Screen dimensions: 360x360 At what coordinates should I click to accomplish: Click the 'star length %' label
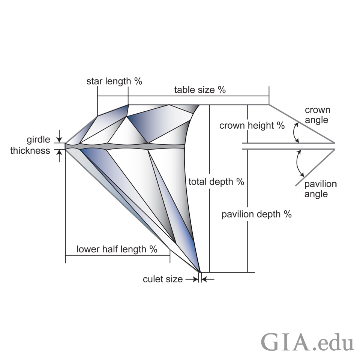tap(114, 81)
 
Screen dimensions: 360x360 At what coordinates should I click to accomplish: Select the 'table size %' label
tap(200, 90)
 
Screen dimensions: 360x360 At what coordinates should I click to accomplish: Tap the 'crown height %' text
tap(252, 126)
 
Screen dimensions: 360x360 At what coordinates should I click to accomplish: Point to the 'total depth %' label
tap(216, 182)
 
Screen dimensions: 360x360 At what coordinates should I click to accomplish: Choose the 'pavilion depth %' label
tap(256, 214)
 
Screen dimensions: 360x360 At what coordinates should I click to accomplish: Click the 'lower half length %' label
tap(117, 249)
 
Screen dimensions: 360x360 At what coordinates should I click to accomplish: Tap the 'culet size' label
tap(163, 279)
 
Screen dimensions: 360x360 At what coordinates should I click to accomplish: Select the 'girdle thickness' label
tap(30, 145)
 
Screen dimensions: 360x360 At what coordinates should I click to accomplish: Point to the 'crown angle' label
tap(318, 115)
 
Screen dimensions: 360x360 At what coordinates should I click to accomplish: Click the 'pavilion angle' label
tap(321, 189)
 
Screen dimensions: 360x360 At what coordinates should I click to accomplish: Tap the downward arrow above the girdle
tap(59, 136)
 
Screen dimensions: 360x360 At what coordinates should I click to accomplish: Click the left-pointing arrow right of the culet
tap(208, 279)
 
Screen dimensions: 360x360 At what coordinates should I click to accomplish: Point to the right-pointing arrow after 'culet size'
tap(192, 279)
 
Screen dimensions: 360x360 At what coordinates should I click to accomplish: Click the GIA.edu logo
tap(307, 342)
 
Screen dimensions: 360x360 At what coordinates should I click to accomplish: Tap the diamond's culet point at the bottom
tap(199, 272)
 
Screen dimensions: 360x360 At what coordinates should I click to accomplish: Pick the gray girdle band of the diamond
tap(125, 147)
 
